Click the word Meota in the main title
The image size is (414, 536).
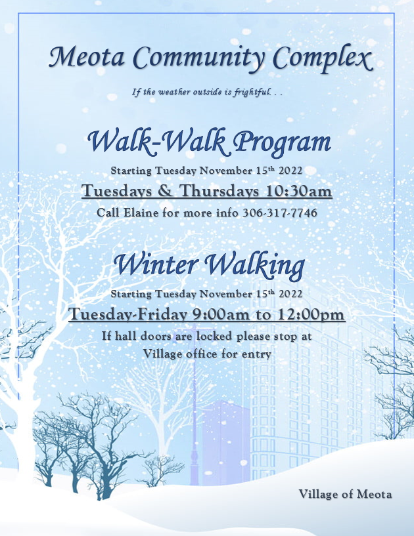87,56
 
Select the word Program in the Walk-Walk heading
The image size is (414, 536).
283,142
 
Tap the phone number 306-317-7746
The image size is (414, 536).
280,213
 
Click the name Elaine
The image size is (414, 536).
141,213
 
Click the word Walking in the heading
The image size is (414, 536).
256,266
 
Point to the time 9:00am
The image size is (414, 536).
221,314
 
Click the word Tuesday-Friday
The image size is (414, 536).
128,314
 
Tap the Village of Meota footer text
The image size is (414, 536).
345,494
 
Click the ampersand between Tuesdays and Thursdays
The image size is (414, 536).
165,191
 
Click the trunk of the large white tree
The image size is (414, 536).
25,427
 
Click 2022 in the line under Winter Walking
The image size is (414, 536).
290,294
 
